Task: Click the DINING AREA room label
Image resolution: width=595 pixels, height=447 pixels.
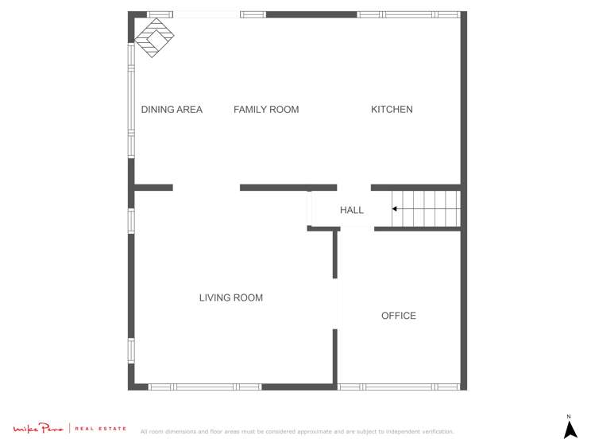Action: (172, 110)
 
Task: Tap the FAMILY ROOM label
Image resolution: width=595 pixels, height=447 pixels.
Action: (266, 110)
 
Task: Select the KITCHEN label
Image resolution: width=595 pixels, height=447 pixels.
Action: (392, 110)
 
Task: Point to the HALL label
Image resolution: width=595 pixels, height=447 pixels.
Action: (351, 211)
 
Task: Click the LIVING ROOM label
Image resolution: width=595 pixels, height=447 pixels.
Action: (230, 298)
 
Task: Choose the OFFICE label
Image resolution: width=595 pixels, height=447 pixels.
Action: (398, 316)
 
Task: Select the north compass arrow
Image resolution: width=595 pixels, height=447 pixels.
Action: (570, 430)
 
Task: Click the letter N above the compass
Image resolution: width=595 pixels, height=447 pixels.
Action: (569, 417)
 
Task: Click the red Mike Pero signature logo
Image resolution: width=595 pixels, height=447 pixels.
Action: (37, 430)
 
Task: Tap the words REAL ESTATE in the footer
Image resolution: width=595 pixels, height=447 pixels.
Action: (100, 430)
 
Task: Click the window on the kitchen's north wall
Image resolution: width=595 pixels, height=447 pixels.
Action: (408, 14)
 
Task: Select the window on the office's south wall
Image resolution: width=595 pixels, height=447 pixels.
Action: (399, 387)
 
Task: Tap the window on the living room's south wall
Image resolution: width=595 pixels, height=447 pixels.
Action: (205, 387)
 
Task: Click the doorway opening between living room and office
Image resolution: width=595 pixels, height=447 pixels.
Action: (335, 303)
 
